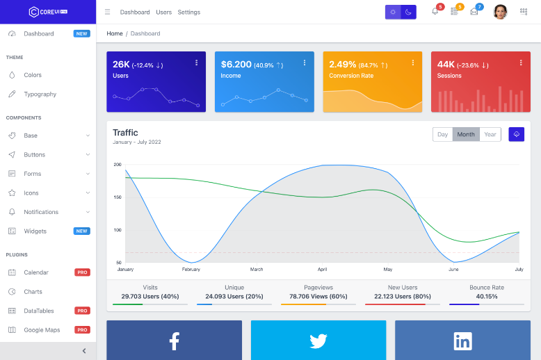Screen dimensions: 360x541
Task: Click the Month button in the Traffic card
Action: coord(466,134)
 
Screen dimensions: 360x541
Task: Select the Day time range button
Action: coord(442,134)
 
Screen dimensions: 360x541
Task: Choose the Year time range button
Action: coord(490,134)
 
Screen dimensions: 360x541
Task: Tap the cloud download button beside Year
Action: coord(516,134)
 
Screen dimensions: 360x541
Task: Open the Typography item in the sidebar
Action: coord(40,94)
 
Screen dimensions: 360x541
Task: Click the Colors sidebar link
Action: coord(33,75)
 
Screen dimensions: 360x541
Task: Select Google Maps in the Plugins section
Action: coord(42,329)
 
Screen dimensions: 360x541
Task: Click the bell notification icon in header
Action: coord(435,12)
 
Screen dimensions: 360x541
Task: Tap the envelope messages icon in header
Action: coord(474,12)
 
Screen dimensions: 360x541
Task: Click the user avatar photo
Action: coord(500,12)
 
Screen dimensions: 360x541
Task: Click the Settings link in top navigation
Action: coord(188,12)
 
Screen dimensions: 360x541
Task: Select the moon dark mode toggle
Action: coord(409,12)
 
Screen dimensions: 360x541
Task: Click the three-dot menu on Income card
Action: coord(305,63)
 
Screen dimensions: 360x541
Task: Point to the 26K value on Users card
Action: coord(120,65)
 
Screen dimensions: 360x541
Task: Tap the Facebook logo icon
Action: coord(174,341)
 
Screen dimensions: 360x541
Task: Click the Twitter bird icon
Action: coord(318,341)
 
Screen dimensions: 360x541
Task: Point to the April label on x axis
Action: coord(322,269)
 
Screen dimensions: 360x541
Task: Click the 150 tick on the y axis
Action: coord(118,197)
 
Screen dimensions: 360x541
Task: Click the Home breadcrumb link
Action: coord(114,33)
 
